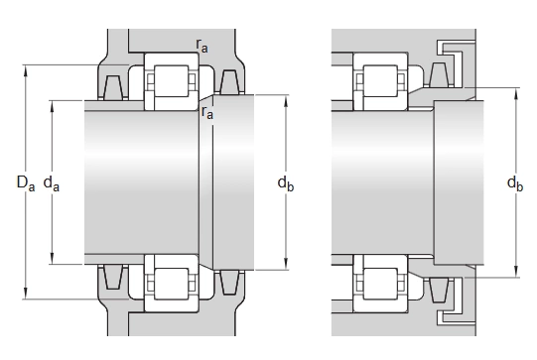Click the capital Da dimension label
click(x=26, y=182)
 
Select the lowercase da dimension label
click(x=52, y=183)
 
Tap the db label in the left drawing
click(x=286, y=183)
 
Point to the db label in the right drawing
click(x=515, y=183)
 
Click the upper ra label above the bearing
click(x=201, y=46)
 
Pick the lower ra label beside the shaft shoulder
click(x=207, y=112)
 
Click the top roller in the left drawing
click(x=172, y=80)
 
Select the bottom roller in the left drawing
click(x=172, y=284)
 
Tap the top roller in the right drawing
click(x=380, y=80)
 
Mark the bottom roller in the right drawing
click(x=380, y=284)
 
